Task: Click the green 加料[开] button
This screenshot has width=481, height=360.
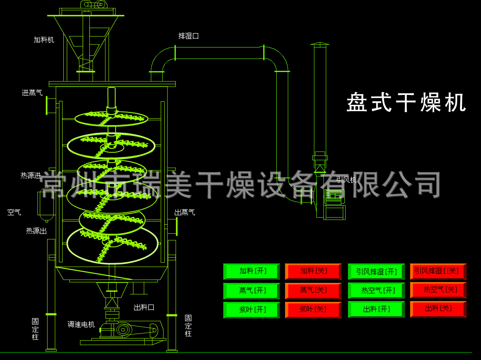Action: point(252,271)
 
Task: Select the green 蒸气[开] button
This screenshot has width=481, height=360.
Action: point(252,290)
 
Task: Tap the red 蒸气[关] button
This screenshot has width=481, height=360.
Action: point(313,290)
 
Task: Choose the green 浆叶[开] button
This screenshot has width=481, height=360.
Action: point(252,310)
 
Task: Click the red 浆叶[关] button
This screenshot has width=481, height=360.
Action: point(313,310)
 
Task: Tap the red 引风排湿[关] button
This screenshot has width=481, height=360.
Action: point(438,271)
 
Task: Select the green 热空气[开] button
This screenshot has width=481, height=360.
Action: point(376,290)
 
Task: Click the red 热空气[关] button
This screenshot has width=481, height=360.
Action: point(438,290)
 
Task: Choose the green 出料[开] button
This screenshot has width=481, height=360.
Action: point(376,309)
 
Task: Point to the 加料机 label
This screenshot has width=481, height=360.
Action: point(44,40)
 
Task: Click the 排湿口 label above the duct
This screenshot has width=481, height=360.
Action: point(188,36)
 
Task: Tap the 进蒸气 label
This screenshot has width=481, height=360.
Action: point(32,93)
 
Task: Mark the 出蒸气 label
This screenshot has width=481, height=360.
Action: point(184,212)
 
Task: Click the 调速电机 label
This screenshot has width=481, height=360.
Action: point(81,325)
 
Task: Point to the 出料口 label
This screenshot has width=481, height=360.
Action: point(144,307)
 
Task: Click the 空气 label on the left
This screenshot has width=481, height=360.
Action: point(14,212)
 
